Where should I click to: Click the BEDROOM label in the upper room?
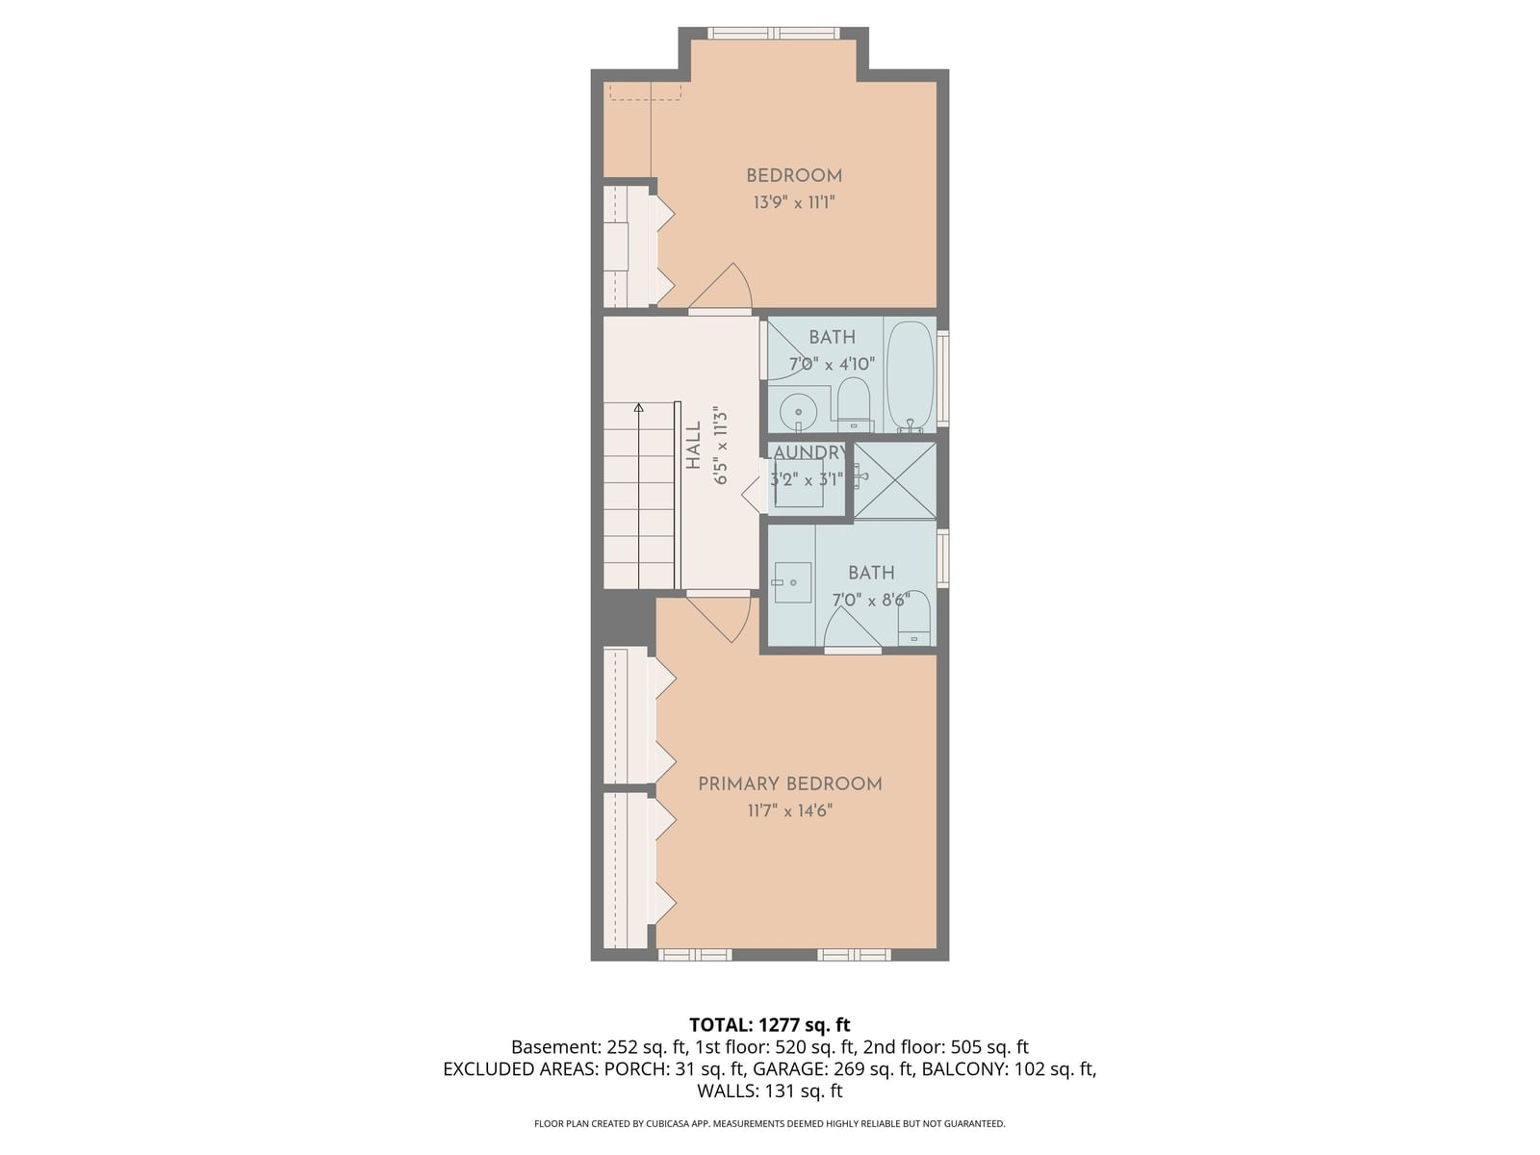[x=794, y=176]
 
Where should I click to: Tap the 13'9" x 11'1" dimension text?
[x=794, y=203]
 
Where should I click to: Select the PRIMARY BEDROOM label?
[x=790, y=784]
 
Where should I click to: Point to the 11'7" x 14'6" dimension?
[x=790, y=811]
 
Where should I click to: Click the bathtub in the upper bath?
[x=910, y=375]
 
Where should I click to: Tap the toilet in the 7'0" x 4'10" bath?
[x=854, y=404]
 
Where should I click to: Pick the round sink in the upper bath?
[x=798, y=414]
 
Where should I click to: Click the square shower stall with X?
[x=895, y=480]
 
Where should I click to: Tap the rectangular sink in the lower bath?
[x=792, y=582]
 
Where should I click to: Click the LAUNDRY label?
[x=807, y=452]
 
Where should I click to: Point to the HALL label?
[x=694, y=446]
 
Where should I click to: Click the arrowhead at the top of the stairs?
[x=638, y=408]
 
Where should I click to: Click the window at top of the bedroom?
[x=774, y=34]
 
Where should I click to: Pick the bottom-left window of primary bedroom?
[x=695, y=955]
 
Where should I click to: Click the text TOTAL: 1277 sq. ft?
[x=770, y=1025]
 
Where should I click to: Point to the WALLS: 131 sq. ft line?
[x=770, y=1091]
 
